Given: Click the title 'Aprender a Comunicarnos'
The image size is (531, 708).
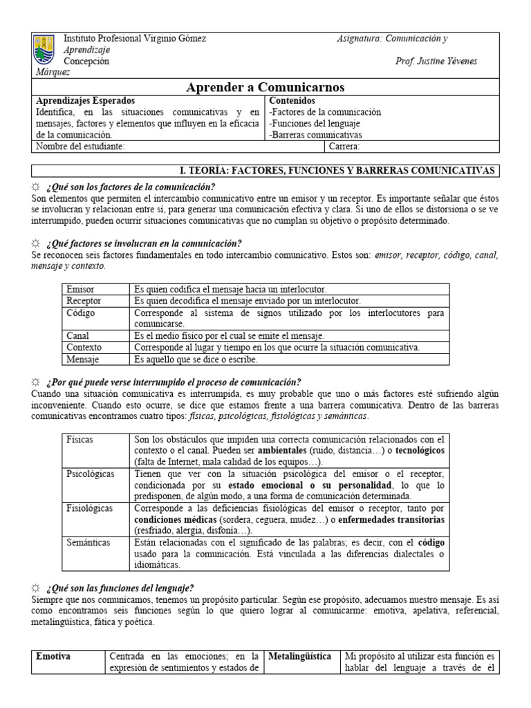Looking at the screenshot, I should [x=265, y=87].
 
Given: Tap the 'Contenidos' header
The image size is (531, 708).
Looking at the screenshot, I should [x=292, y=100].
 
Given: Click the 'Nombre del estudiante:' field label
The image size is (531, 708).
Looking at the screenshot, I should [x=80, y=147].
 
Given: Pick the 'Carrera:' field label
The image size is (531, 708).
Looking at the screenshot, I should [x=344, y=147].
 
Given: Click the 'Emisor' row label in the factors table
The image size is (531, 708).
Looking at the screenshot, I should [x=80, y=289].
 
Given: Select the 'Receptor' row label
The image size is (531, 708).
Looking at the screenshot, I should [x=84, y=301].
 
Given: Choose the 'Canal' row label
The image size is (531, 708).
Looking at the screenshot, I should [x=78, y=335].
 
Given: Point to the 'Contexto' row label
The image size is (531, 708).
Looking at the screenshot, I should [x=84, y=347].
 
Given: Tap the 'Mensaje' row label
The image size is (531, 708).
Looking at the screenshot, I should [x=83, y=360].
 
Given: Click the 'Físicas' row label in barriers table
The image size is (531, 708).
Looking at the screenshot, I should [x=80, y=439].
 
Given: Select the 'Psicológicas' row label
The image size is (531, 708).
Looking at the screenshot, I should [x=91, y=474].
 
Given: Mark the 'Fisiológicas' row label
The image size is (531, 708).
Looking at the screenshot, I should [x=90, y=508].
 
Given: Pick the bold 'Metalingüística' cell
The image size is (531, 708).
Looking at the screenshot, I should [x=300, y=655].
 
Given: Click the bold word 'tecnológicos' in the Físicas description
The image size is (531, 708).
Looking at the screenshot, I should [x=416, y=450].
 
